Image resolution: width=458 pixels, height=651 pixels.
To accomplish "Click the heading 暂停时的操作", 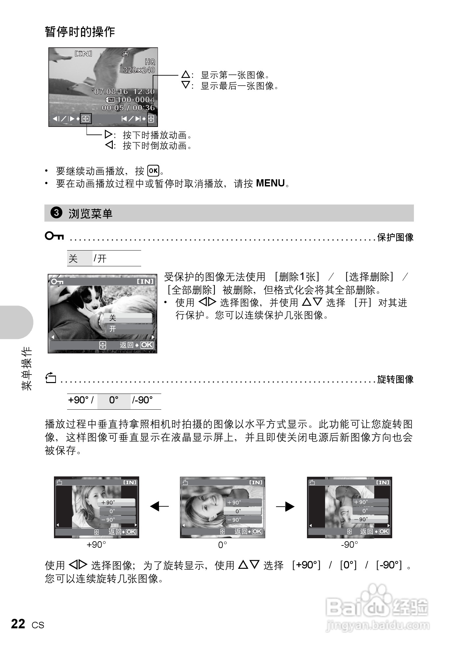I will (80, 32).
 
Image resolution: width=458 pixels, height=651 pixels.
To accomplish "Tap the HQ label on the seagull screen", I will (150, 62).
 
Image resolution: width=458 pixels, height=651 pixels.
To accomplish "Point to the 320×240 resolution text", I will (139, 70).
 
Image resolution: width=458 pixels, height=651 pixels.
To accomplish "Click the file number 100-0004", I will (136, 100).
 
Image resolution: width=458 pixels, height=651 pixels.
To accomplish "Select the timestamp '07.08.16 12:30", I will (123, 91).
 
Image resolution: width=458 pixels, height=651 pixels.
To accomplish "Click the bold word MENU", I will (270, 183).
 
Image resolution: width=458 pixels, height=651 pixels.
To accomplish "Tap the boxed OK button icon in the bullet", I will (153, 171).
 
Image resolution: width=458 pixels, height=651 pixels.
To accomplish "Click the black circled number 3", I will (56, 213).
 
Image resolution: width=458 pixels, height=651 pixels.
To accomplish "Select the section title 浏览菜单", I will (90, 214).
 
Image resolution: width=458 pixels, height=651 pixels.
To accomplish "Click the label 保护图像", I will (395, 237).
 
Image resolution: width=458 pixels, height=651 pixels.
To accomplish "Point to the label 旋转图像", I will (395, 379).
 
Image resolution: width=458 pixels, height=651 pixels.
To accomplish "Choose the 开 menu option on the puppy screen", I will (113, 329).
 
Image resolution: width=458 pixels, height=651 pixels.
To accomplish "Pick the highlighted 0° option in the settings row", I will (114, 400).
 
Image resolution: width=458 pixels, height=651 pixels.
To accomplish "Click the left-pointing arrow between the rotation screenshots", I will (159, 507).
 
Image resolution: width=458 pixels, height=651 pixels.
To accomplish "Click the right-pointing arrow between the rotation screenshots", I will (285, 507).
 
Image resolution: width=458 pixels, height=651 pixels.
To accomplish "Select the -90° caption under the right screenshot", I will (349, 545).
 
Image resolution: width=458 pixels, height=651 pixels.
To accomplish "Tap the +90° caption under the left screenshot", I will (96, 545).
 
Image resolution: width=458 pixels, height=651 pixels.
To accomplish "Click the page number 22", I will (18, 624).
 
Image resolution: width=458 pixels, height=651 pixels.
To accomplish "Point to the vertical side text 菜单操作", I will (27, 368).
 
